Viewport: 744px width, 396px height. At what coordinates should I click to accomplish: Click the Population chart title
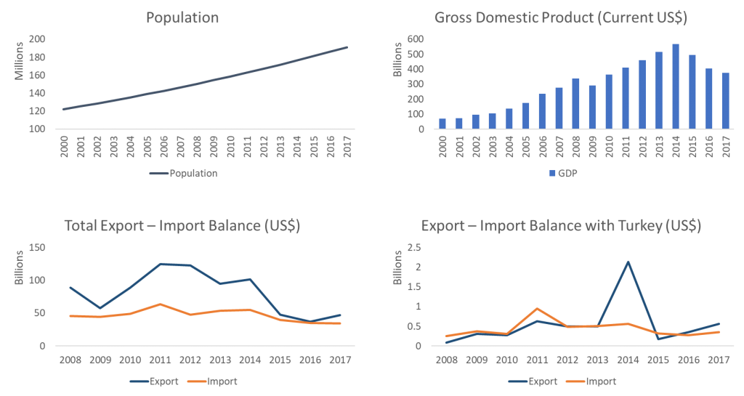(x=182, y=17)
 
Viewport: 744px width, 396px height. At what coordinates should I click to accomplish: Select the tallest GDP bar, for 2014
(x=675, y=86)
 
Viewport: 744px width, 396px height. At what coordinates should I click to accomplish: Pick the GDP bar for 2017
(x=725, y=101)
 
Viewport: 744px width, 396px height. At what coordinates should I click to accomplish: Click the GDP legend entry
(x=561, y=174)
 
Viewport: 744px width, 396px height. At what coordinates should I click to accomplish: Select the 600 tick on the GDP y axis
(x=416, y=39)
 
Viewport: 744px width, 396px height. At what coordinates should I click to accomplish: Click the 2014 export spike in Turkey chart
(x=628, y=262)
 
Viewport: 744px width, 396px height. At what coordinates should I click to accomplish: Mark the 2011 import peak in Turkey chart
(x=535, y=308)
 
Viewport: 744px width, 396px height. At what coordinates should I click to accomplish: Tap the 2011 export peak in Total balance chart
(x=161, y=264)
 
